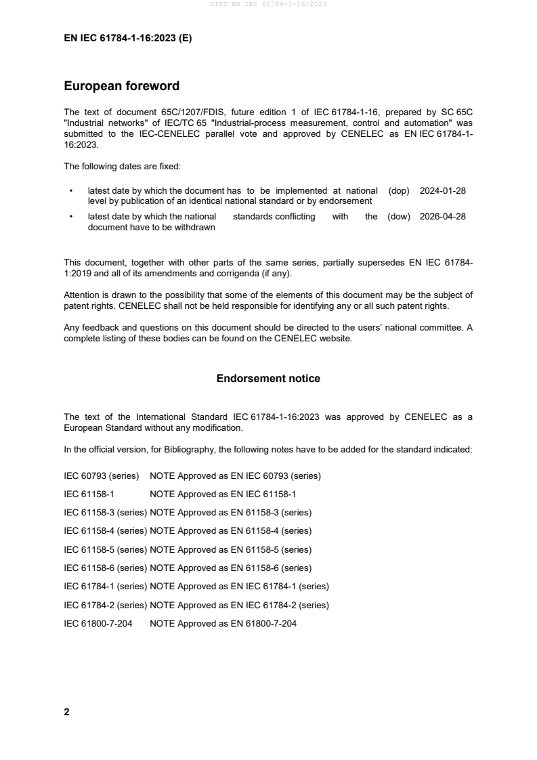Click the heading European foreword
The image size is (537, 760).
point(121,86)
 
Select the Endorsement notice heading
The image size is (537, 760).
point(268,379)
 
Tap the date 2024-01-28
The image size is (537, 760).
point(442,191)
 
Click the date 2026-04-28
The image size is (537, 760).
point(442,217)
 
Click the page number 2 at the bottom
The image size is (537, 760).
point(66,712)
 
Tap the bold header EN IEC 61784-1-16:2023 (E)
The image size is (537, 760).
point(127,39)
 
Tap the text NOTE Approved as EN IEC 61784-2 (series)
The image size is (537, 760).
point(239,605)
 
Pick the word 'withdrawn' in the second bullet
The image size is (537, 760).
point(195,228)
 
